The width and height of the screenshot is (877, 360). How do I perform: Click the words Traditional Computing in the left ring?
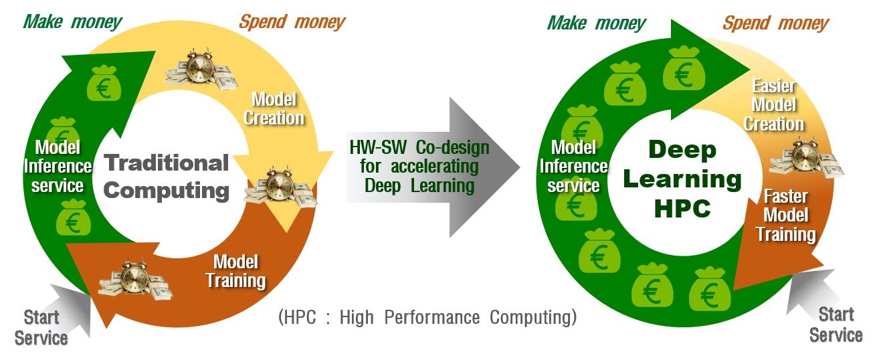(167, 176)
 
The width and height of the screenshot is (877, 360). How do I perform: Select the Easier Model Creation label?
(774, 105)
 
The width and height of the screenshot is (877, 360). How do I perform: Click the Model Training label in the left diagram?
(235, 270)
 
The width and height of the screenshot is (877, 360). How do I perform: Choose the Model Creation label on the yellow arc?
(274, 109)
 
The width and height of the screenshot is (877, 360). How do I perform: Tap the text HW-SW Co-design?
(419, 147)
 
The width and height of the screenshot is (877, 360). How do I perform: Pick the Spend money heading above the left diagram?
(292, 22)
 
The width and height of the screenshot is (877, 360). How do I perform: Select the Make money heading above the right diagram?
(596, 23)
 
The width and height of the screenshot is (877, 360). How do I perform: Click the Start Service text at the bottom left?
(41, 327)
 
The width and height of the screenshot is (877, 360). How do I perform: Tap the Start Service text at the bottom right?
(836, 324)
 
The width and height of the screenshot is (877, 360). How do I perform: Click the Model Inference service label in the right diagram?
(573, 166)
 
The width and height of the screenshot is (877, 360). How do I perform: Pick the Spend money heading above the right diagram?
(775, 24)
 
